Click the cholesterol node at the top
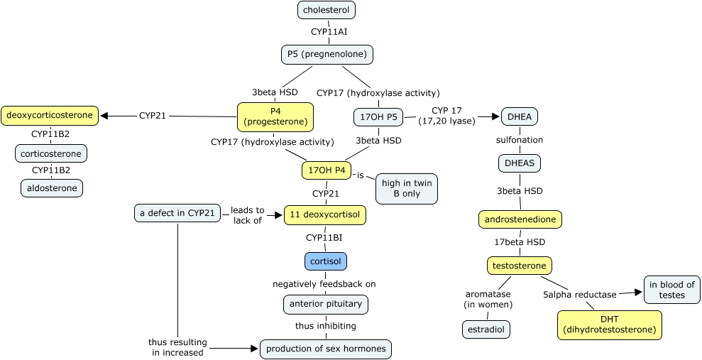click(x=327, y=10)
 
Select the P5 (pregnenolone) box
click(x=327, y=54)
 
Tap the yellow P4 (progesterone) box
click(x=275, y=116)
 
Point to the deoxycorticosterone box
click(x=48, y=114)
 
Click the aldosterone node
click(x=51, y=187)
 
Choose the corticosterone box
click(x=51, y=153)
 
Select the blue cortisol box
click(x=326, y=261)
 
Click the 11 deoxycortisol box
click(x=325, y=215)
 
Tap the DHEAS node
click(x=520, y=163)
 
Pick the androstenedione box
click(x=520, y=219)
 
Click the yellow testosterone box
click(x=519, y=266)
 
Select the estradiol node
click(x=486, y=329)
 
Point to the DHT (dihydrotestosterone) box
click(x=610, y=324)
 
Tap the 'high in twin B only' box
click(x=407, y=188)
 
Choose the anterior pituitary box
click(x=326, y=304)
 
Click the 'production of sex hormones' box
click(x=326, y=349)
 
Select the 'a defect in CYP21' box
click(x=177, y=212)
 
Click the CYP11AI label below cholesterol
click(x=329, y=31)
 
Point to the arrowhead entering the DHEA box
click(x=496, y=116)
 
